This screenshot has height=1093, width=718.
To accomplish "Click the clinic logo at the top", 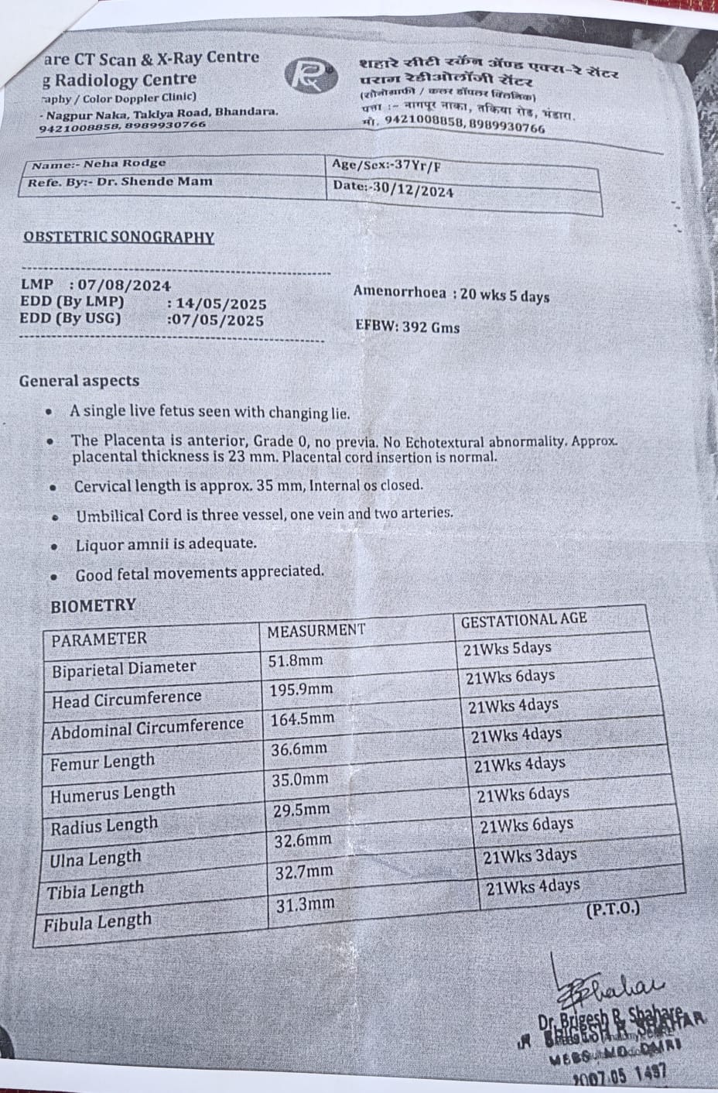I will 309,77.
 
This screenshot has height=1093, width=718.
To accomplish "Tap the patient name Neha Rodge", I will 125,164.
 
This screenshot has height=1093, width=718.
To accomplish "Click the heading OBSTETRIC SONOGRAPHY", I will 118,238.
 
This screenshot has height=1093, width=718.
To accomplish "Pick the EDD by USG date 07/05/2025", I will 217,320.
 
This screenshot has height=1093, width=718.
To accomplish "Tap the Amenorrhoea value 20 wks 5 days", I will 504,296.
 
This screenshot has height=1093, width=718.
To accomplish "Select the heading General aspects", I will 79,381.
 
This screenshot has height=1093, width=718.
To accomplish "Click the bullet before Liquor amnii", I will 54,546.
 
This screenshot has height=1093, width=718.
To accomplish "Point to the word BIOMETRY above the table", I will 92,605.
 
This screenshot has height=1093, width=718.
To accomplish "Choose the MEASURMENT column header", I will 315,631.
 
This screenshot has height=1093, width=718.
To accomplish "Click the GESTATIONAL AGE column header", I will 524,619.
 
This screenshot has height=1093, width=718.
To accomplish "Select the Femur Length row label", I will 102,763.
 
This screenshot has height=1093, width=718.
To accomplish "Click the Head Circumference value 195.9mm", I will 301,689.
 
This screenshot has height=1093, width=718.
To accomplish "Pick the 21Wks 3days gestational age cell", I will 530,856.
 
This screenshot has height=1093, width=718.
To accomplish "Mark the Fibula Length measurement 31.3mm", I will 303,903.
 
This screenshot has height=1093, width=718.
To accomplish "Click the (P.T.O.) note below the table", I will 614,908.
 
